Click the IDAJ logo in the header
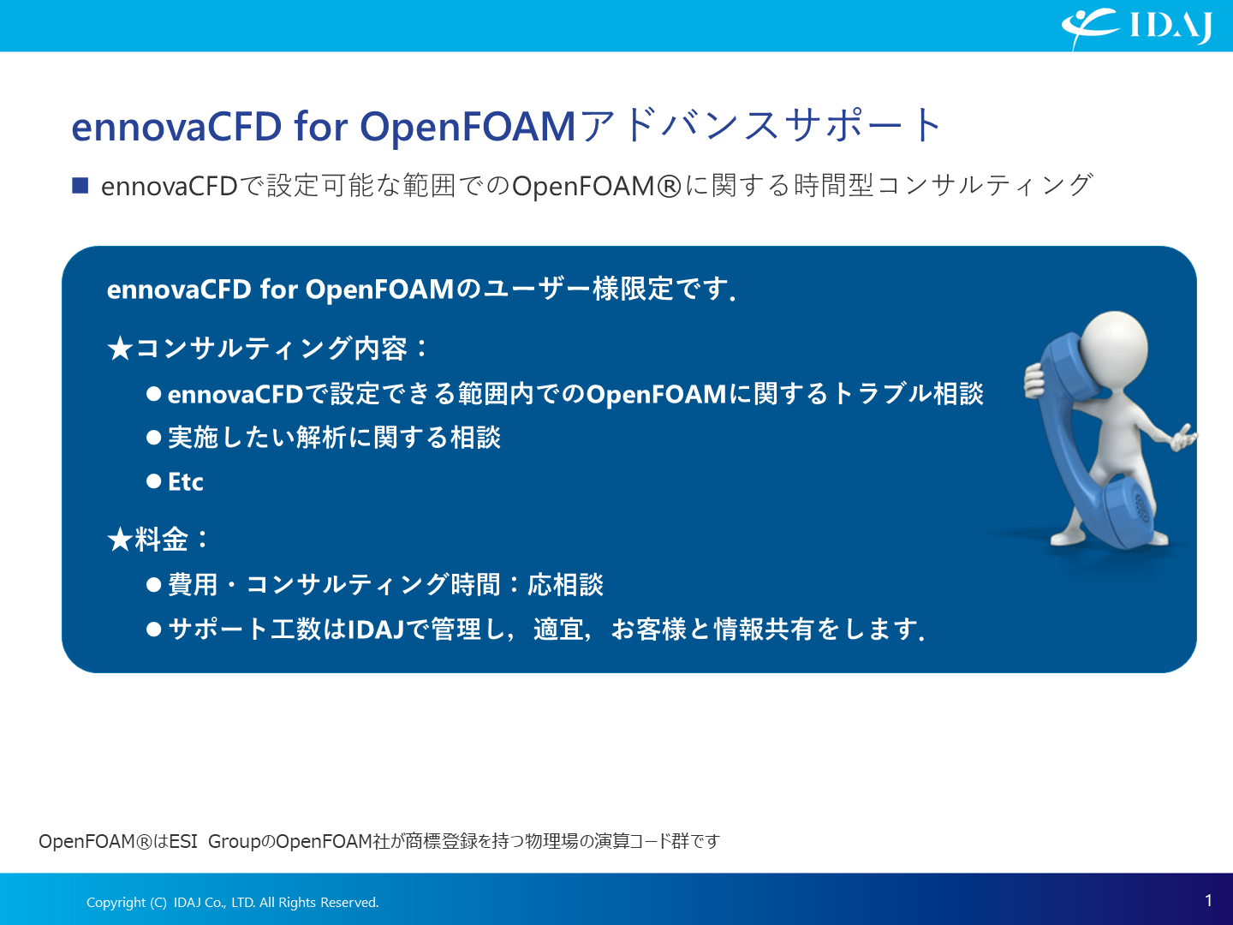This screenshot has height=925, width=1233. (x=1136, y=27)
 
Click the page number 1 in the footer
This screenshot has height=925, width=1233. (x=1208, y=900)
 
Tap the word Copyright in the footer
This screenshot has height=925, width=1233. (x=116, y=903)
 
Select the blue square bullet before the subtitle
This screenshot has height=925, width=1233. (x=80, y=185)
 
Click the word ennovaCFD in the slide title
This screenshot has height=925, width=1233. (x=176, y=127)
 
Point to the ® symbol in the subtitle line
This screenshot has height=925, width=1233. (x=669, y=187)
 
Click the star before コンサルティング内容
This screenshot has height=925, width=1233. (x=120, y=349)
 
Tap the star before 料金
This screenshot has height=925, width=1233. (x=120, y=540)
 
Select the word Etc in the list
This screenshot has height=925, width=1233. (x=185, y=482)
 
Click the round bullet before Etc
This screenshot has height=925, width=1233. (x=153, y=481)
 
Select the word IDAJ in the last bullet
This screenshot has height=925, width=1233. (x=376, y=629)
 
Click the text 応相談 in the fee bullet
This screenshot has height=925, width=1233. (x=566, y=585)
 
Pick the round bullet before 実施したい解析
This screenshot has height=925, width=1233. (x=153, y=438)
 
